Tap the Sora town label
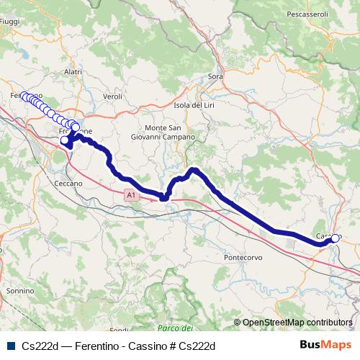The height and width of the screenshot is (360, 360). (215, 76)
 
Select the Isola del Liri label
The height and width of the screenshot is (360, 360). (194, 105)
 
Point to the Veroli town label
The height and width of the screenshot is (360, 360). (113, 96)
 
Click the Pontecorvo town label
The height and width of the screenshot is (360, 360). (245, 257)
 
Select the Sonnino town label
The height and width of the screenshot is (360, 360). (19, 290)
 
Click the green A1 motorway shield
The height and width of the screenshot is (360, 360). (129, 195)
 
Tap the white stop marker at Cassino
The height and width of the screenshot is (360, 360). (335, 238)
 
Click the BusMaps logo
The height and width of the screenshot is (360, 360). (325, 346)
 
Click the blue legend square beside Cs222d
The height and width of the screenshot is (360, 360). (11, 346)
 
